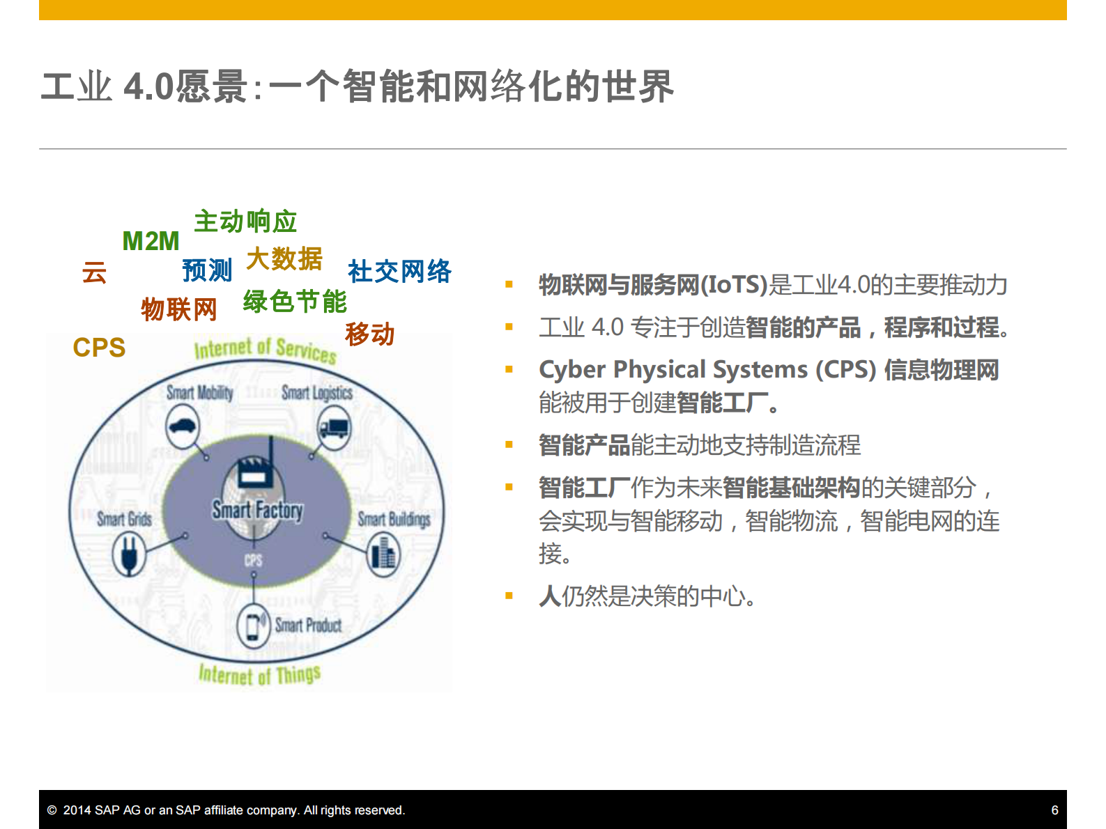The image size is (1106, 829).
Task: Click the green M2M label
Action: pos(151,241)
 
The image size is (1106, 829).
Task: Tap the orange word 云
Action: pos(94,272)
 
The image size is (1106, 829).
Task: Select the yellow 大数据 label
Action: pos(284,259)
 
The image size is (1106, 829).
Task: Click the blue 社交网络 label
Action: pos(399,271)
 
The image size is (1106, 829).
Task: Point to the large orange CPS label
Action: pos(99,347)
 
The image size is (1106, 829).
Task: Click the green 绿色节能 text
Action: pos(295,302)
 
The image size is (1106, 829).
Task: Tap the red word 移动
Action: pos(369,334)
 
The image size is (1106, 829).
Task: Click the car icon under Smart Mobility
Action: pos(183,426)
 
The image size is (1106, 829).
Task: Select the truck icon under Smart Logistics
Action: pos(335,428)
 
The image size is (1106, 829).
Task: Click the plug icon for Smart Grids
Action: pos(129,555)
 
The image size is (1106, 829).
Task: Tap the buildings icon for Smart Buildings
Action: pos(383,555)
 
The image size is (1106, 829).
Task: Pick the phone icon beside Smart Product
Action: pos(254,625)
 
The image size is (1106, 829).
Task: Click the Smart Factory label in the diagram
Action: pos(257,510)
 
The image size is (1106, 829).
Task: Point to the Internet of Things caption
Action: pos(259,674)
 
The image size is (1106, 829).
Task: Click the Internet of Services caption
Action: pos(265,349)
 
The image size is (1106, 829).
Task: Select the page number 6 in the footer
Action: pos(1054,810)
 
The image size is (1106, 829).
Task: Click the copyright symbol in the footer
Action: pos(52,810)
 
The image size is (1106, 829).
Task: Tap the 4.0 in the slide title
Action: pos(148,87)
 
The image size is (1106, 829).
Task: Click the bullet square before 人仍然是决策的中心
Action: pos(509,596)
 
